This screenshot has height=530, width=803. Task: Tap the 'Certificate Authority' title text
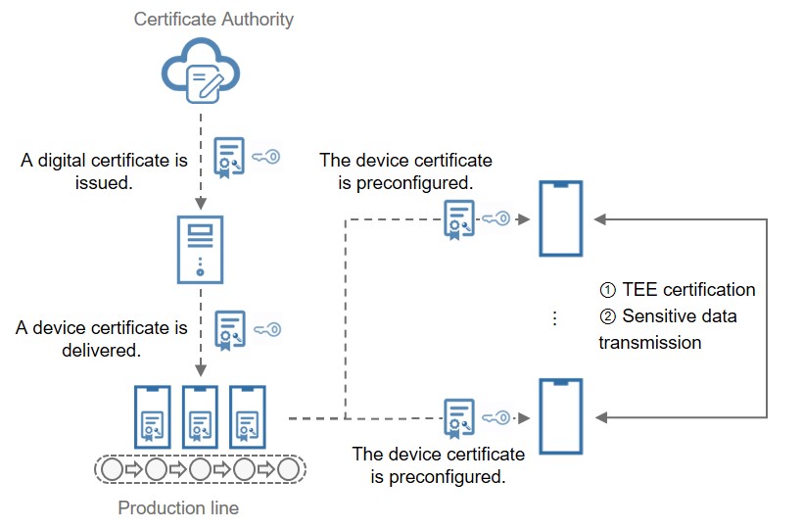tap(213, 19)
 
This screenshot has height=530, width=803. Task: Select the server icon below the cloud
tap(200, 249)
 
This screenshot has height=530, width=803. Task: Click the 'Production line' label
tap(178, 508)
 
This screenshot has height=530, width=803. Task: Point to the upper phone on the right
tap(561, 218)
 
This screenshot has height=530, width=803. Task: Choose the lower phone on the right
tap(561, 416)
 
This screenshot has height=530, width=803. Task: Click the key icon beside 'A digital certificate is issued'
tap(265, 156)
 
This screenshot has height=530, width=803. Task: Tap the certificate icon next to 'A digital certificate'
tap(229, 157)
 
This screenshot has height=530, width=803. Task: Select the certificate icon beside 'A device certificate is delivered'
tap(230, 331)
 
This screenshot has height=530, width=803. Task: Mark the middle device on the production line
tap(200, 417)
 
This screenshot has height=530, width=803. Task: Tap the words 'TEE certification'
tap(688, 290)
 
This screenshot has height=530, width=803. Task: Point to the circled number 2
tap(607, 316)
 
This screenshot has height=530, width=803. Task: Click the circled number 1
tap(607, 290)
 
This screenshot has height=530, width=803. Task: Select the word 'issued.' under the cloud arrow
tap(105, 181)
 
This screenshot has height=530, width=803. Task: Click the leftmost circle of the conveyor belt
tap(112, 470)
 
